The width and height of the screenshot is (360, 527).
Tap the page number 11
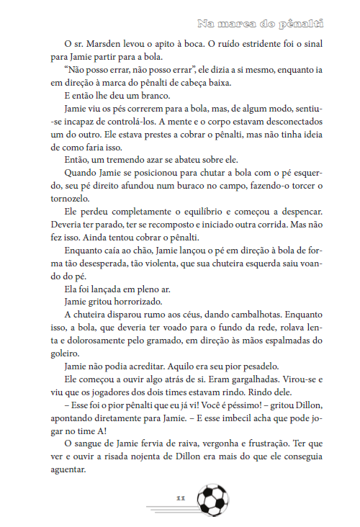pyautogui.click(x=181, y=497)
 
